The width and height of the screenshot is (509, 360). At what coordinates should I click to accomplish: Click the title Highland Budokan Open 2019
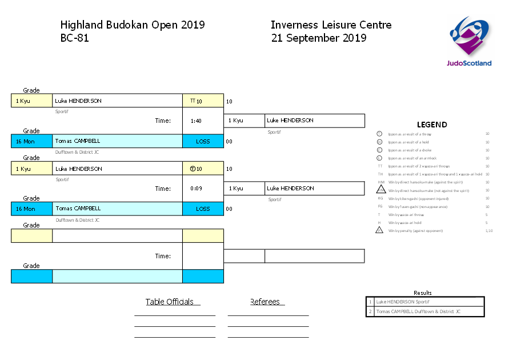pyautogui.click(x=133, y=25)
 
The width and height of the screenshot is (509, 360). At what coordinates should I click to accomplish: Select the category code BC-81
pyautogui.click(x=75, y=39)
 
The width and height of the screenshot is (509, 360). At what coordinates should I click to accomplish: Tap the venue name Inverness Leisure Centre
pyautogui.click(x=331, y=25)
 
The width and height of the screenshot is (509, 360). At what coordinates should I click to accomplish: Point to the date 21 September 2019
pyautogui.click(x=319, y=39)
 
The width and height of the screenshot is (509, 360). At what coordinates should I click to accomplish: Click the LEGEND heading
pyautogui.click(x=432, y=125)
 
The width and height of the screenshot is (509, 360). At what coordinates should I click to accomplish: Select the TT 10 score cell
pyautogui.click(x=203, y=101)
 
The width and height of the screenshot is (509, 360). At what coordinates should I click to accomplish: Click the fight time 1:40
pyautogui.click(x=196, y=121)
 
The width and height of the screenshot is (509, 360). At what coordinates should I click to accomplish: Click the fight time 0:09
pyautogui.click(x=196, y=189)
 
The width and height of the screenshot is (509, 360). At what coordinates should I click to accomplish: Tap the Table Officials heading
pyautogui.click(x=170, y=302)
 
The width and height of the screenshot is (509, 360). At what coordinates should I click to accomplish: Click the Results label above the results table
pyautogui.click(x=423, y=293)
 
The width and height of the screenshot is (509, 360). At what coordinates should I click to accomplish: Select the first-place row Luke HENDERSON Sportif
pyautogui.click(x=425, y=302)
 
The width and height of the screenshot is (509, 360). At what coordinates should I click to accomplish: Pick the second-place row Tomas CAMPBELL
pyautogui.click(x=425, y=311)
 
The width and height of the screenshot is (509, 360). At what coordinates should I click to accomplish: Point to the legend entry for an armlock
pyautogui.click(x=412, y=158)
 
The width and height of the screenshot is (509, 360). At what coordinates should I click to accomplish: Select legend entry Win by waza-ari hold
pyautogui.click(x=406, y=223)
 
